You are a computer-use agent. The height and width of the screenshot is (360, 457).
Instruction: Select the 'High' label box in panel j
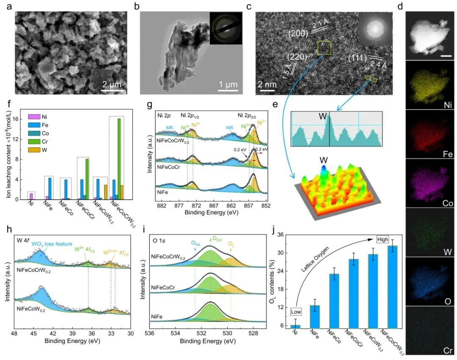(383, 240)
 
